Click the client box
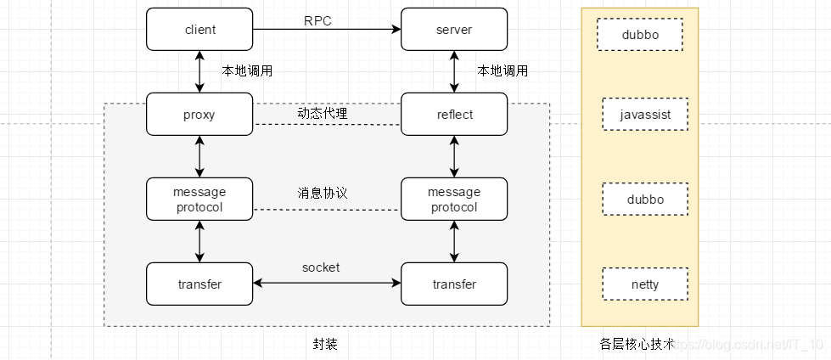[199, 30]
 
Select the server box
[454, 30]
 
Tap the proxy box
[199, 115]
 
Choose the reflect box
[454, 115]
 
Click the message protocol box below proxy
[199, 200]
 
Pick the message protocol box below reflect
[454, 200]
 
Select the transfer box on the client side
[199, 284]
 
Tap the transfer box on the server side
[454, 284]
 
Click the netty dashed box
[645, 284]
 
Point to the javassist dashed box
[645, 114]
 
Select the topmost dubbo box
[639, 36]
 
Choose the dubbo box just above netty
[645, 200]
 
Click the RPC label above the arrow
[318, 20]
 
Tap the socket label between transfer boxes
[321, 267]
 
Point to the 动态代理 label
[322, 112]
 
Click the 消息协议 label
[322, 193]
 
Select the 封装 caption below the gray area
[325, 344]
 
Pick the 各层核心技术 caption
[637, 344]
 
